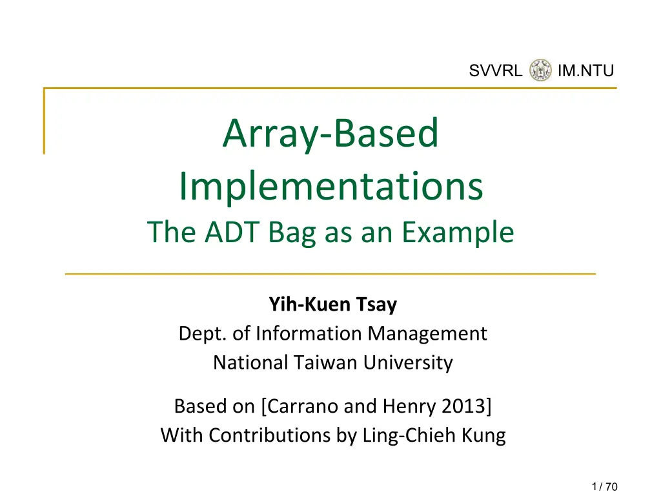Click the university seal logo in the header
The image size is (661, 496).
click(540, 70)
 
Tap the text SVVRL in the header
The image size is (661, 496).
click(495, 70)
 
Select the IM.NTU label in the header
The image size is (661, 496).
click(585, 70)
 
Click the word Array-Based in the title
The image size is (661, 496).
click(331, 134)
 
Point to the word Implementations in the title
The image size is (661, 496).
click(331, 187)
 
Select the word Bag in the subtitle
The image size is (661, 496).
click(292, 233)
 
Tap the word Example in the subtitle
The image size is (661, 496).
click(458, 233)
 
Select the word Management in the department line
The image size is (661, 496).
click(427, 334)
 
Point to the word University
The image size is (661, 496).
click(408, 363)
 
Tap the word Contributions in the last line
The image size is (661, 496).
click(269, 435)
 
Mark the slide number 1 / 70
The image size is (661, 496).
click(604, 487)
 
